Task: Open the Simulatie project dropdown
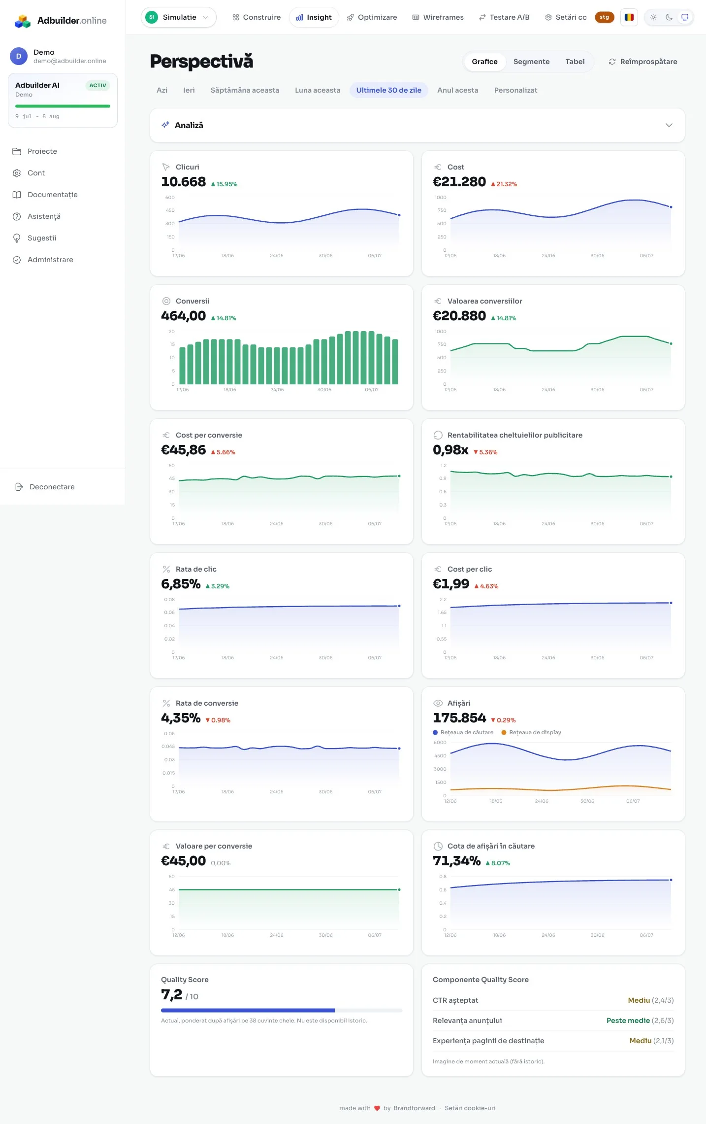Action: [x=179, y=17]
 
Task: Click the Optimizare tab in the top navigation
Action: [x=372, y=17]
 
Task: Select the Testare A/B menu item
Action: [x=504, y=17]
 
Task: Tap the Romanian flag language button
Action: [x=629, y=17]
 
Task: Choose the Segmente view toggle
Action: [x=531, y=62]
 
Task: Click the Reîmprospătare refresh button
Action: [x=643, y=62]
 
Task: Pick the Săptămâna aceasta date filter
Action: [x=245, y=90]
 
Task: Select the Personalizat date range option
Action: [x=515, y=90]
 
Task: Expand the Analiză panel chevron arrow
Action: [x=669, y=125]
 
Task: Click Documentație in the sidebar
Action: [x=53, y=195]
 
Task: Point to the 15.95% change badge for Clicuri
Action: [x=224, y=184]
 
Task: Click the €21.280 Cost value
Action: [x=459, y=182]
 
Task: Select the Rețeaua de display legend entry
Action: [x=531, y=732]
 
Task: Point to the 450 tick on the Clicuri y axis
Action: [x=170, y=210]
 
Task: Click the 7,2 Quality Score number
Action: [x=171, y=995]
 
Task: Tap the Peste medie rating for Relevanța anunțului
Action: [x=628, y=1021]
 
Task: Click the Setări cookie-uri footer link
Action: [x=470, y=1108]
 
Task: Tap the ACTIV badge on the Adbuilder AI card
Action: [x=97, y=86]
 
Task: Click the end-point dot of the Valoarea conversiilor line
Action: [x=671, y=343]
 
